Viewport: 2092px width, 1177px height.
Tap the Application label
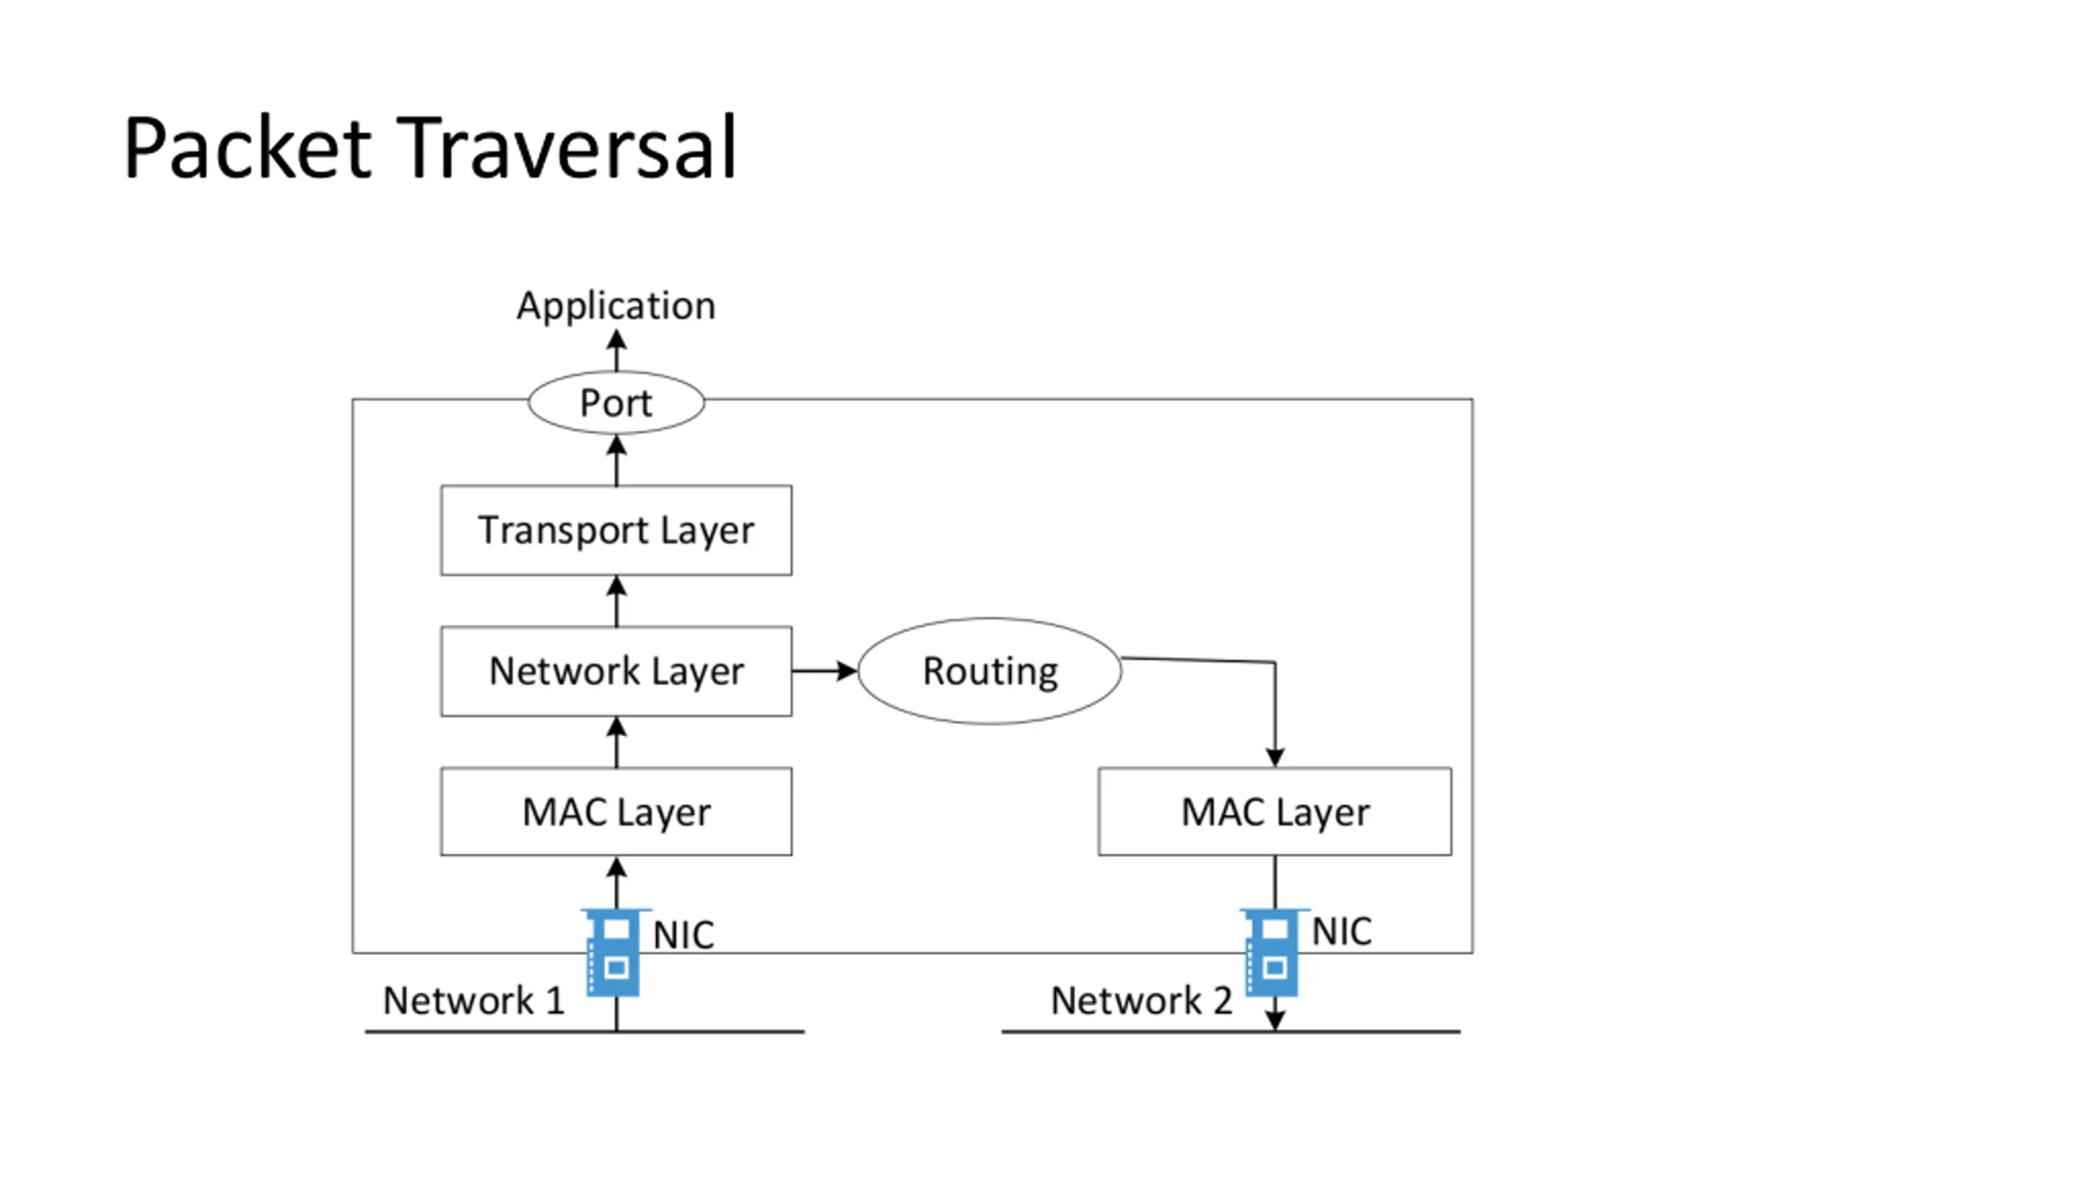(616, 307)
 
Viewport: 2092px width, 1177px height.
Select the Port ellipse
(616, 402)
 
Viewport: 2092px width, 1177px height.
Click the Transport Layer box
(616, 530)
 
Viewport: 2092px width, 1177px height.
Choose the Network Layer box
(616, 671)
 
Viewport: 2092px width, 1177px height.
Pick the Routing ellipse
(990, 671)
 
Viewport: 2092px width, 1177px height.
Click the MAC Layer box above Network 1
(616, 812)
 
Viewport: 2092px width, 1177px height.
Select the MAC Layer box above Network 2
(1275, 812)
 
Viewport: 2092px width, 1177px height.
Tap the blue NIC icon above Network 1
(615, 952)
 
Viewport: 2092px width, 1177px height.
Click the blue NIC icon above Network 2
(1273, 952)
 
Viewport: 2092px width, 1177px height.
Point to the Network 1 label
(474, 1000)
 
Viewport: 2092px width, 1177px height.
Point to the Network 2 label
(1142, 1000)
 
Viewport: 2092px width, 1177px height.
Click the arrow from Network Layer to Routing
(825, 671)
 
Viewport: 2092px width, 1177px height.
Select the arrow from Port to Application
(617, 350)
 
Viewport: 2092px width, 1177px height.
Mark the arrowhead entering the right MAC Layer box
(1275, 757)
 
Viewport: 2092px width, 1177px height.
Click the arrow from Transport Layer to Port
(617, 460)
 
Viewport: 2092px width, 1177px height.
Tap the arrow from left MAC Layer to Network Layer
(617, 742)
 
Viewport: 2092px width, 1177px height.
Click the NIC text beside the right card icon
(1342, 932)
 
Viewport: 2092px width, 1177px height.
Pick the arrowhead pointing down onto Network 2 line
(1275, 1021)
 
